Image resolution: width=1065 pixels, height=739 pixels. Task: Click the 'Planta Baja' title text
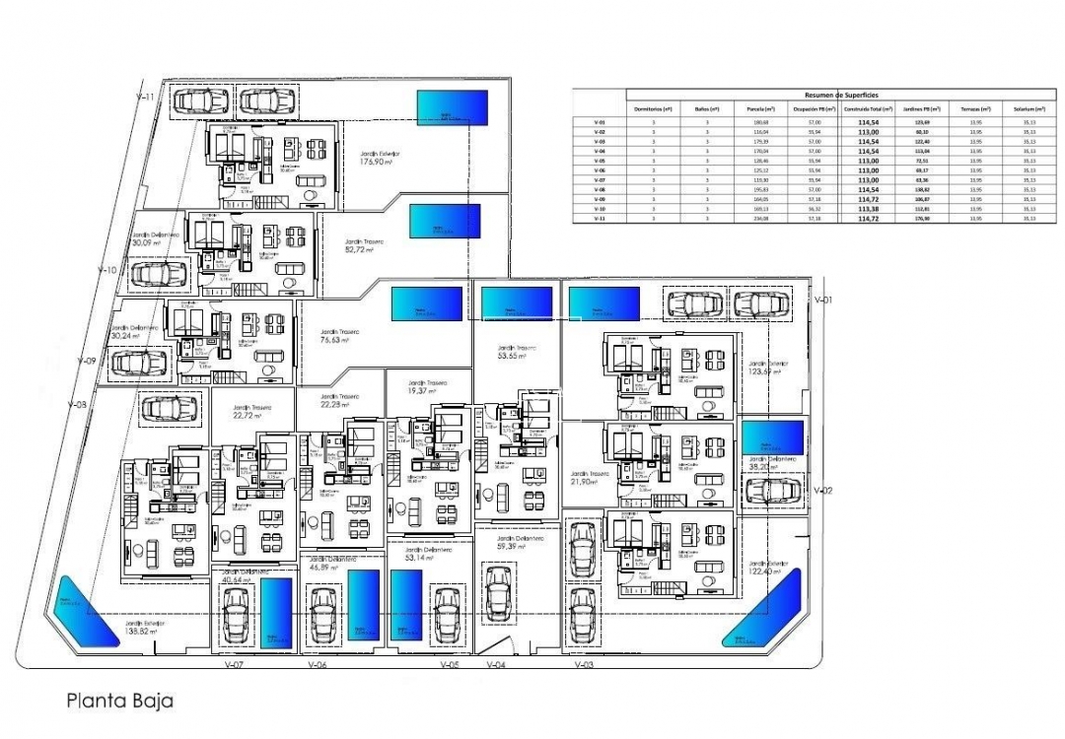pos(120,702)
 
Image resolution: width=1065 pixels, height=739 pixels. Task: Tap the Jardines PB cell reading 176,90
pos(922,219)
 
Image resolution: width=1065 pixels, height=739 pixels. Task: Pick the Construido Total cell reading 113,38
pos(868,210)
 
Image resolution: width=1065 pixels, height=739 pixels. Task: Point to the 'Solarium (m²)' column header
pos(1028,108)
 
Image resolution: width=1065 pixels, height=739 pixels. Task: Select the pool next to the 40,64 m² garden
pos(276,613)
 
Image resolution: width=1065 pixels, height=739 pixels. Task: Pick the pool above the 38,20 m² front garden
pos(771,437)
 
